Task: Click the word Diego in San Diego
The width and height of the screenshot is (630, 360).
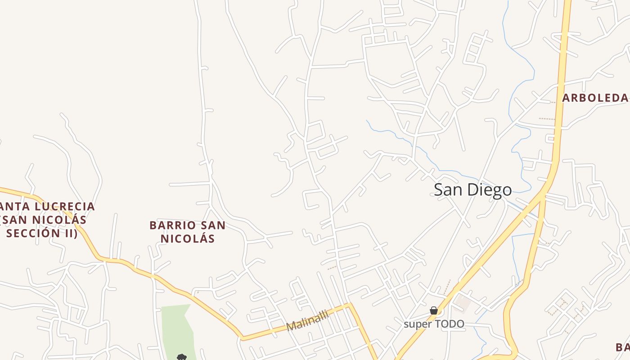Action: coord(490,190)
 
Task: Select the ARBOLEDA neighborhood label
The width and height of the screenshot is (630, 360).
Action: coord(595,98)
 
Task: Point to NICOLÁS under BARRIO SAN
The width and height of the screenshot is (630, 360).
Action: coord(188,238)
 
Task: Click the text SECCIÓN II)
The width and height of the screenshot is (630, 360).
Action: coord(42,233)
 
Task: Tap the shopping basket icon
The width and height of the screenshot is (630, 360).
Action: coord(434,310)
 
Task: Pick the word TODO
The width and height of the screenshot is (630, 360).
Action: coord(449,324)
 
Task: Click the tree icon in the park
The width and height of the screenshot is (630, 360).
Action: coord(182,357)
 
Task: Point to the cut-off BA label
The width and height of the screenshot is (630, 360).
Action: coord(622,347)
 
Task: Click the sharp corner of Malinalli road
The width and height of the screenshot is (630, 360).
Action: coord(350,305)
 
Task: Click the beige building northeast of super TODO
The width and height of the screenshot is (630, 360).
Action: coord(462,302)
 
